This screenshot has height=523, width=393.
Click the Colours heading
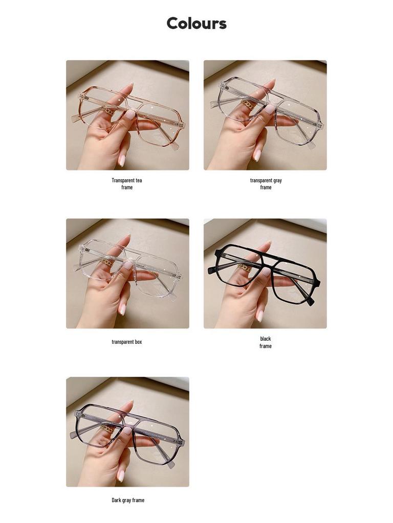pos(196,23)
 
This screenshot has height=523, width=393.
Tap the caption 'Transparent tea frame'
pos(127,184)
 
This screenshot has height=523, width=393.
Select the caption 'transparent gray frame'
pos(266,184)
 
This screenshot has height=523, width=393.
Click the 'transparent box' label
pos(127,342)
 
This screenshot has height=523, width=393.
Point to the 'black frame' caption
pos(266,342)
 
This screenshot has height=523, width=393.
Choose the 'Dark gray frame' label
pos(128,500)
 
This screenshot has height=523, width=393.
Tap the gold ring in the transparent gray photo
pos(248,104)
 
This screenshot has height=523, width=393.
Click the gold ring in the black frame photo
pos(244,268)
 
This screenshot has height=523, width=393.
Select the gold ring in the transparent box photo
pos(107,263)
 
